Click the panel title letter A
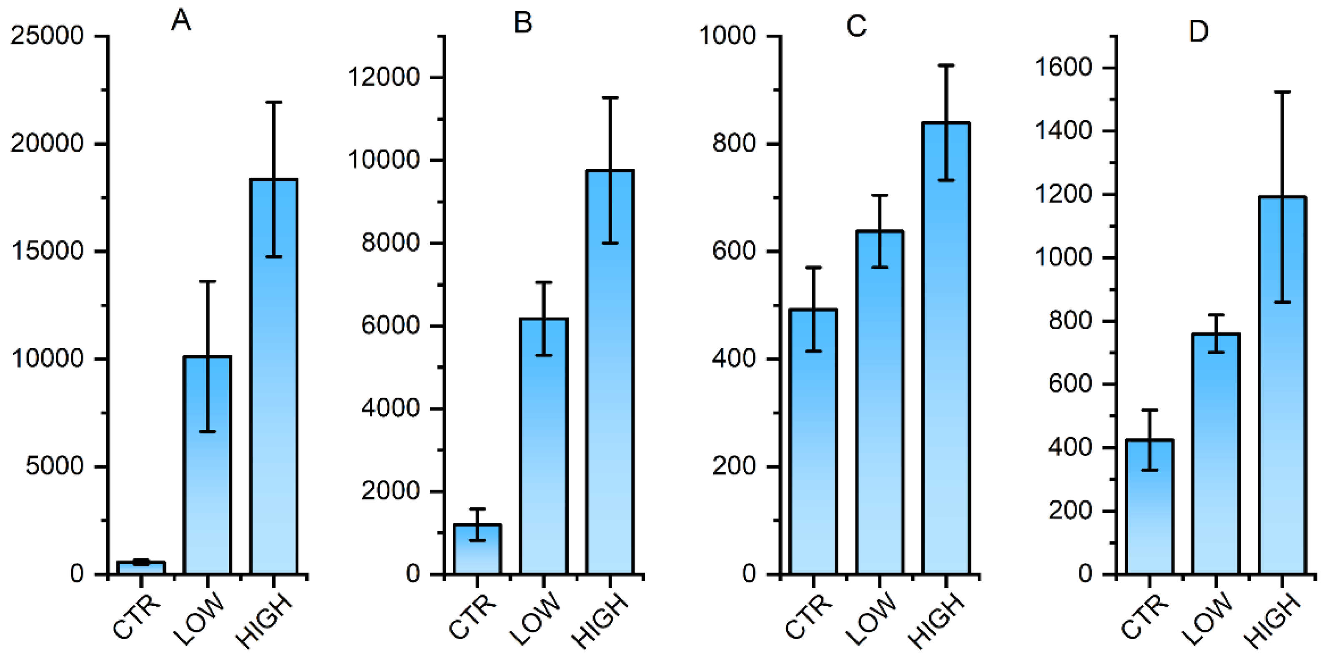point(181,21)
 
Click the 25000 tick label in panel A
point(47,36)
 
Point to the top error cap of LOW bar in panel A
point(207,282)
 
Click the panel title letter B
point(523,23)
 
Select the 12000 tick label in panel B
point(383,77)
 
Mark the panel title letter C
point(856,26)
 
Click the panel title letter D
point(1198,32)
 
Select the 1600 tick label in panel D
point(1063,67)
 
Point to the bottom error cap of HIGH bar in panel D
point(1282,302)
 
